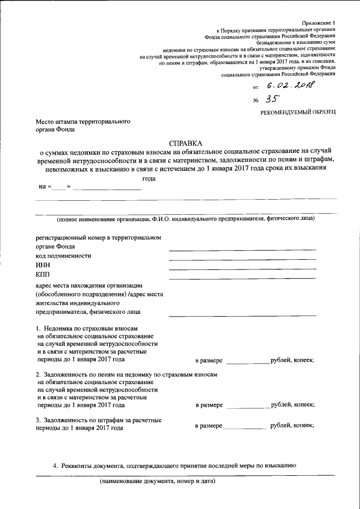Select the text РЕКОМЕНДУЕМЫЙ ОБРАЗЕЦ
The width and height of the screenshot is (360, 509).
pos(298,114)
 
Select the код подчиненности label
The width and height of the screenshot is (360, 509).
pos(63,255)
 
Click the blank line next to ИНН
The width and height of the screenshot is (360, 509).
pos(242,269)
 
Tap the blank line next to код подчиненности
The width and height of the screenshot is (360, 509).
pos(242,260)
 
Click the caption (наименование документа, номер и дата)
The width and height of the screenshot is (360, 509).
pos(157,481)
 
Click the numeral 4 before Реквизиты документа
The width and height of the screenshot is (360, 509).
pos(55,466)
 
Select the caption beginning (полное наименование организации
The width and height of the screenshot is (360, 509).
pos(186,218)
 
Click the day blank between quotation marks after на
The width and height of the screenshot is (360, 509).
pos(58,188)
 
